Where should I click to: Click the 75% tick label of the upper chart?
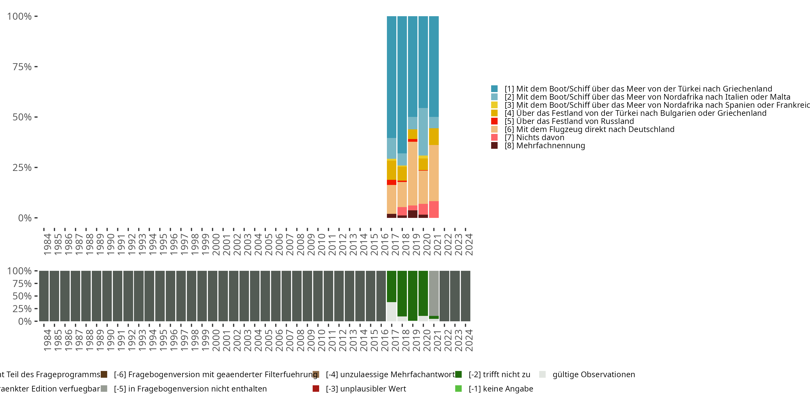[x=22, y=67]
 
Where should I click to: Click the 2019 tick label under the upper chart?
[x=416, y=244]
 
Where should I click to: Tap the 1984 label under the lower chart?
[x=47, y=340]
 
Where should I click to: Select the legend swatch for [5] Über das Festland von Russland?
[x=494, y=121]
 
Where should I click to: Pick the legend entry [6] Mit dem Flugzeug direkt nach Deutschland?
[x=589, y=129]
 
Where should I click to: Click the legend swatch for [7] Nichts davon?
[x=494, y=137]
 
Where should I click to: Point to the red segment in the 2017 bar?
[x=391, y=182]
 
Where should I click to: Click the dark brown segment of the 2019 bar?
[x=413, y=214]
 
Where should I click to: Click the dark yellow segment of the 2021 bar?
[x=434, y=136]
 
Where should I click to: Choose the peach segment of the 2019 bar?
[x=413, y=173]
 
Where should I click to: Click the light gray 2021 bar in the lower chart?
[x=434, y=293]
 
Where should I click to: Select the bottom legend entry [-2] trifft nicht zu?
[x=499, y=374]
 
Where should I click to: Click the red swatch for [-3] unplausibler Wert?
[x=316, y=389]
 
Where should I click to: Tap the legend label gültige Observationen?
[x=593, y=374]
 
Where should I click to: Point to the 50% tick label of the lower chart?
[x=22, y=296]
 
